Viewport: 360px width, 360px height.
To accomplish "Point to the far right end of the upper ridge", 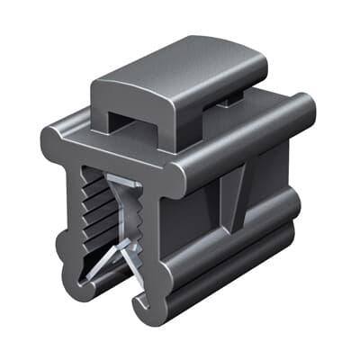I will [306, 112].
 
